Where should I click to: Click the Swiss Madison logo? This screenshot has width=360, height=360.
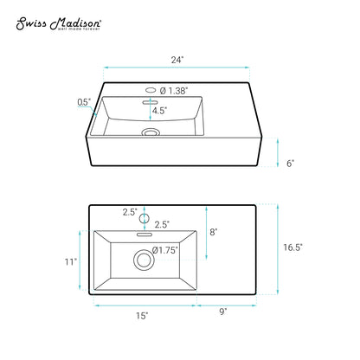[59, 23]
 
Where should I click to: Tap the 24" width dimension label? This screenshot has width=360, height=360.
[177, 60]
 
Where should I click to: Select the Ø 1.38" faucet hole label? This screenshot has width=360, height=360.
[174, 91]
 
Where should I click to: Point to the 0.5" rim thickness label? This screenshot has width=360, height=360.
[84, 102]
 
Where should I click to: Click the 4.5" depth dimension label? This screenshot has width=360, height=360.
[159, 111]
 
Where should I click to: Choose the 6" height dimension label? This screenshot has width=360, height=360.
[290, 164]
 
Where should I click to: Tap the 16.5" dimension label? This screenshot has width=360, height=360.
[292, 247]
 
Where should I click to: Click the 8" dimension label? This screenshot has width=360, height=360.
[213, 232]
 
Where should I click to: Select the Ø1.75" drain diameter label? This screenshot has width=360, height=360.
[165, 250]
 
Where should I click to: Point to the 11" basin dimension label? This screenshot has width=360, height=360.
[71, 261]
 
